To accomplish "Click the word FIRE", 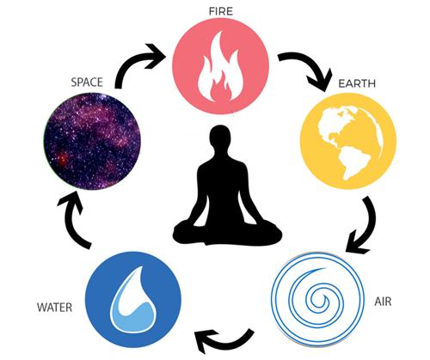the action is (x=221, y=11).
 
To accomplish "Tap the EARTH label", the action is (x=357, y=83).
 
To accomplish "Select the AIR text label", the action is (x=383, y=302).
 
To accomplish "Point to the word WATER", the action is (x=54, y=308).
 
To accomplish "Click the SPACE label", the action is (x=87, y=82).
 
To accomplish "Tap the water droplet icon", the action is (x=133, y=300).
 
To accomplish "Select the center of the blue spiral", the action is (x=317, y=301).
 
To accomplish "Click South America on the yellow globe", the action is (x=353, y=162).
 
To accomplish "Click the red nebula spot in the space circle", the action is (x=61, y=158).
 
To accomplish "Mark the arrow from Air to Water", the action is (x=226, y=344).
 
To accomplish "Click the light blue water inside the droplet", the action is (x=134, y=316).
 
